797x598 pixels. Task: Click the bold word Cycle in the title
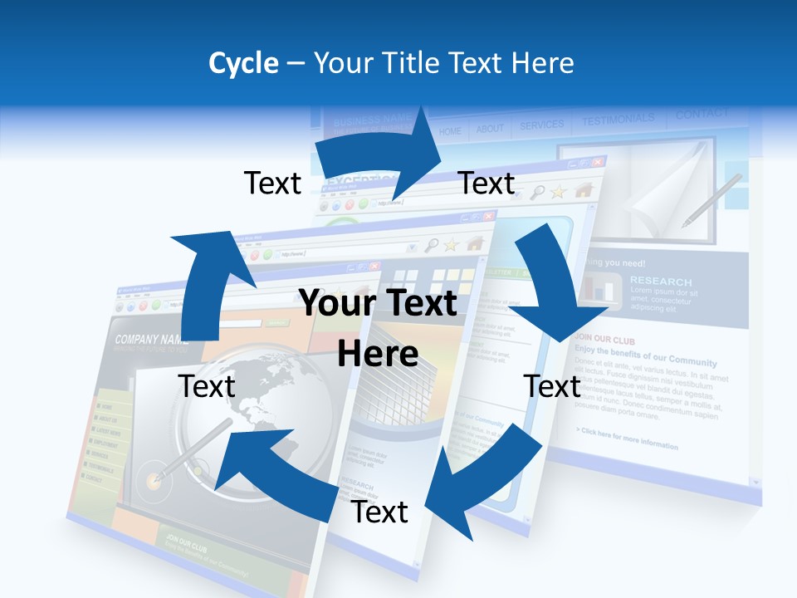[242, 63]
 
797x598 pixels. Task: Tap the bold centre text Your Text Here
[378, 329]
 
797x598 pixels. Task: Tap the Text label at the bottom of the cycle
[379, 512]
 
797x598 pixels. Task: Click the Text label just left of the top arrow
[272, 183]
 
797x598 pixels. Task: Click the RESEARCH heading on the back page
[661, 281]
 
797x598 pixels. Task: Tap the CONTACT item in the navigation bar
[702, 114]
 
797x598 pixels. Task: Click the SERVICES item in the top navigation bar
[541, 125]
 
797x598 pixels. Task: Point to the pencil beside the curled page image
[711, 200]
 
